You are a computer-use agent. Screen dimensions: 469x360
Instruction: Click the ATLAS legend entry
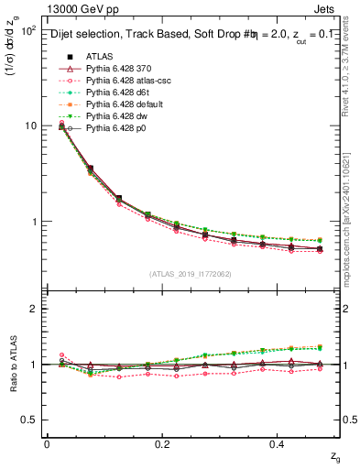point(100,55)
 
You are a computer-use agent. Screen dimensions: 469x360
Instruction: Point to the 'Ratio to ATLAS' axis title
point(12,365)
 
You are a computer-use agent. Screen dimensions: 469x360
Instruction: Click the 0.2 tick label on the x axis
point(163,443)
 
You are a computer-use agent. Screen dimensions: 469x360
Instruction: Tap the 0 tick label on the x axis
point(47,443)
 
